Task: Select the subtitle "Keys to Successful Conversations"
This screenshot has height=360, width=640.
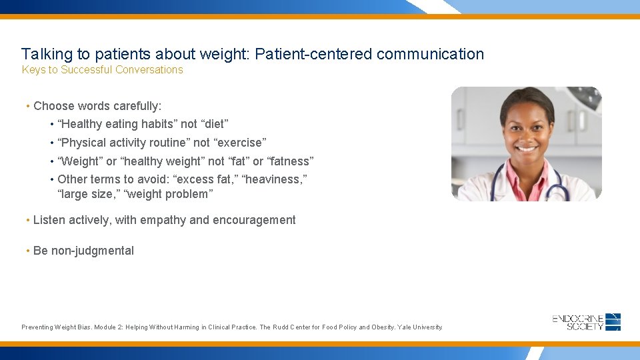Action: [102, 70]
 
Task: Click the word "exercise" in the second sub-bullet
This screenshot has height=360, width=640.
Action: [240, 143]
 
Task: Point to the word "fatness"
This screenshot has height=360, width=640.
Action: [290, 161]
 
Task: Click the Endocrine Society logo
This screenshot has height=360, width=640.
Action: [587, 322]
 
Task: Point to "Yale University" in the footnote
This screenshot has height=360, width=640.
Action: [420, 327]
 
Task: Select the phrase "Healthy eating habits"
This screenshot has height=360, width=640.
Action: [118, 124]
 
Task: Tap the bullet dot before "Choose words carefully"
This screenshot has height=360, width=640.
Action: [27, 106]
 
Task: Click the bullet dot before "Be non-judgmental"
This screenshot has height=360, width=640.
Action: [27, 251]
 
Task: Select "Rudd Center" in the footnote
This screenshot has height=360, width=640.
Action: [293, 327]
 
